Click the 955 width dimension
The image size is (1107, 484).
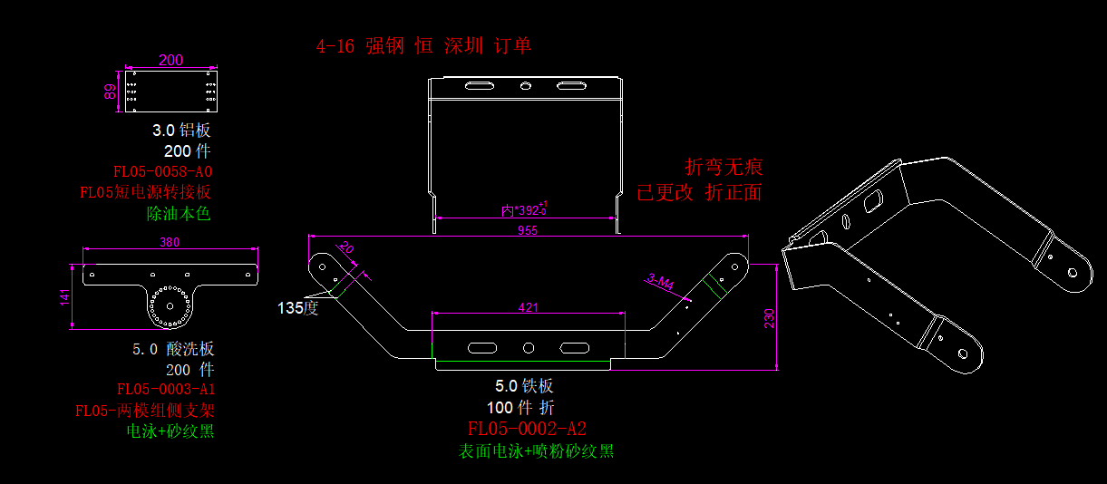528,230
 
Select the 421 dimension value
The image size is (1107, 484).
528,307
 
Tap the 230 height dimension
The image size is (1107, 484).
769,318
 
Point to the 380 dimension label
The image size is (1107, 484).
170,242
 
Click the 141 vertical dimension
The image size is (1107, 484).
64,297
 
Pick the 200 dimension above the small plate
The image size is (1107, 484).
170,60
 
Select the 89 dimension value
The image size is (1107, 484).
111,92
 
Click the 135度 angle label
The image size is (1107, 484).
298,307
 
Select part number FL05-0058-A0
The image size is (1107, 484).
163,171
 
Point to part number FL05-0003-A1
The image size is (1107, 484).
166,390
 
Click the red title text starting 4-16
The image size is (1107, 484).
423,45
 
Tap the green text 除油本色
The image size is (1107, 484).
179,214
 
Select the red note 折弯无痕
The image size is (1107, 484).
723,167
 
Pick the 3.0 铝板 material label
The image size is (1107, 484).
181,131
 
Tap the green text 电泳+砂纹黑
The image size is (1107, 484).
170,431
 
